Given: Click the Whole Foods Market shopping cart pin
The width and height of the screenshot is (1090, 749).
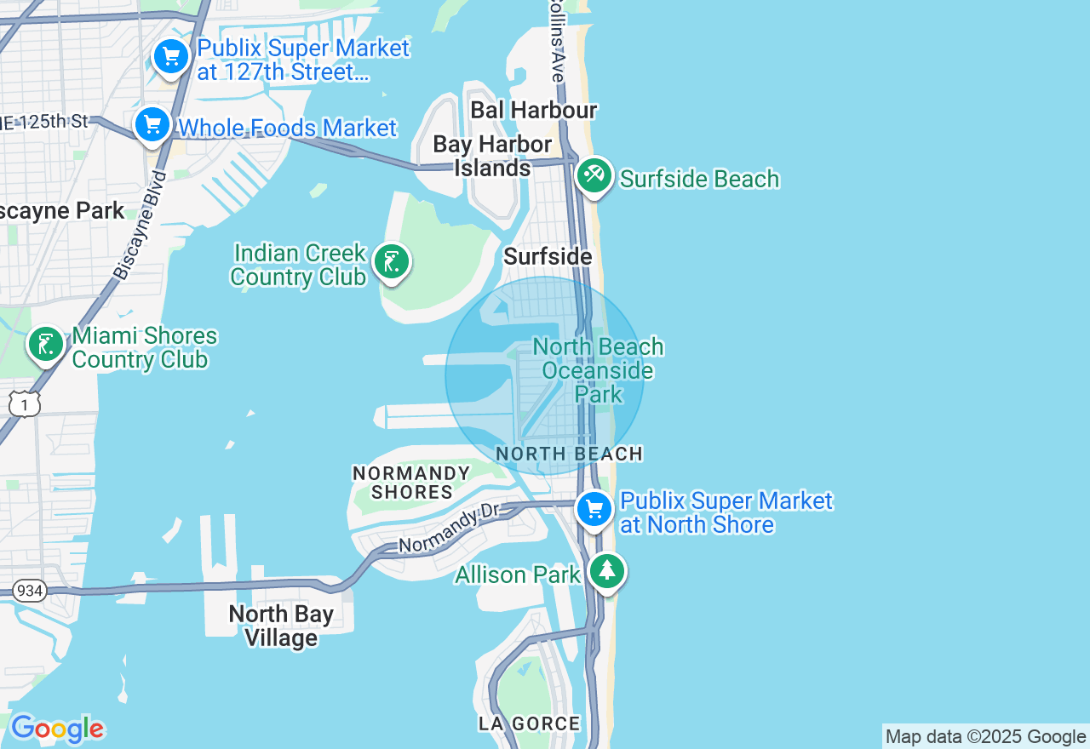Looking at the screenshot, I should [152, 124].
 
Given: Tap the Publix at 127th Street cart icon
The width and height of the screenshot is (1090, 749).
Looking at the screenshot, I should [171, 57].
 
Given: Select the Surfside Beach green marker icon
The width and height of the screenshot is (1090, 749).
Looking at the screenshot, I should [594, 175].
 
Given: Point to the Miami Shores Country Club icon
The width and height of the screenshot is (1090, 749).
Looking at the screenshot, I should [45, 345].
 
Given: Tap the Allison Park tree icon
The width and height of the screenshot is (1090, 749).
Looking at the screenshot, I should [606, 571].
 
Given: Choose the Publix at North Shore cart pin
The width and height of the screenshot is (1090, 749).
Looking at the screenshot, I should [594, 510].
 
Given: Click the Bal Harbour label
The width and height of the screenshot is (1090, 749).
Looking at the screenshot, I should [533, 110].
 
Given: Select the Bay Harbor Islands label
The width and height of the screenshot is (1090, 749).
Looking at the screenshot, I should [492, 156].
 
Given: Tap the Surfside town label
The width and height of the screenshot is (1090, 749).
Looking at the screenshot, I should [548, 256].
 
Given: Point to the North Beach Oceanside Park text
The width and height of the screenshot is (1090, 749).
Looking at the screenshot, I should [598, 370].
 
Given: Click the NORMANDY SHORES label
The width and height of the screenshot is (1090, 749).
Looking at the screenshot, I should [411, 483].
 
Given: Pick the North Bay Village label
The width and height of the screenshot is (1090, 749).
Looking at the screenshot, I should [281, 626].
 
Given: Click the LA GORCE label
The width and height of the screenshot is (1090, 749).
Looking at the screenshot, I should [529, 724].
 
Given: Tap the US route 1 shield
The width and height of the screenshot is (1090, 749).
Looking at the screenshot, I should [25, 403].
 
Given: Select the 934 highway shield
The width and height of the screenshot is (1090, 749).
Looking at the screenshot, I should [29, 591].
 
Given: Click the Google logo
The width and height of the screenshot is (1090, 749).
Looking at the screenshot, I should [57, 729].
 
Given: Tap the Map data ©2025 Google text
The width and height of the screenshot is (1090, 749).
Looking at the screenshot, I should [985, 737].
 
